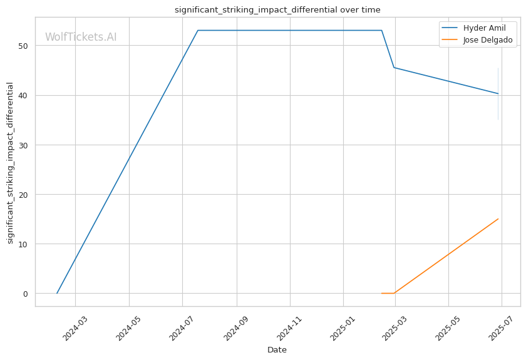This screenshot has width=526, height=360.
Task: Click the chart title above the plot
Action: [277, 10]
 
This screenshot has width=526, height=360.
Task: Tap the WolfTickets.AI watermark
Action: [81, 37]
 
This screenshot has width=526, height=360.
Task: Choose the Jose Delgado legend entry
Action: [477, 40]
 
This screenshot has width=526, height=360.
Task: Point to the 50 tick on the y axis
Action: [23, 46]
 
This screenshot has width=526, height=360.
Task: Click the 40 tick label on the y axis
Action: [23, 96]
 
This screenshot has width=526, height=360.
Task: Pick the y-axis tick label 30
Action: [23, 145]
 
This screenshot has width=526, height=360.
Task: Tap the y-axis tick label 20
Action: [23, 195]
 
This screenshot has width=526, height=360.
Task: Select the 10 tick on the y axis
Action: [23, 244]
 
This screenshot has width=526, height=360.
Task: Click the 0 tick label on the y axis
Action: [26, 294]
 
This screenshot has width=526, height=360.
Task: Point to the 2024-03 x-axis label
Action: [75, 328]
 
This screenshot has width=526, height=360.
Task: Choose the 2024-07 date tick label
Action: [182, 328]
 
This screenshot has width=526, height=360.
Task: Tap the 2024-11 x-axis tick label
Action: [290, 328]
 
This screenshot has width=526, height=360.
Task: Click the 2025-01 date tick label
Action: [343, 328]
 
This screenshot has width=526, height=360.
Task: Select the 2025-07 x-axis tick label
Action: [502, 328]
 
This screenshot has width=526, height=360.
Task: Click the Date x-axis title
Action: [277, 350]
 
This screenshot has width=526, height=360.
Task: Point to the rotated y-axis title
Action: [10, 163]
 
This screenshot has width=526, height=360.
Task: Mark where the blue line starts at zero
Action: [57, 293]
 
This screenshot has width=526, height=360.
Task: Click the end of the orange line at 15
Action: [498, 219]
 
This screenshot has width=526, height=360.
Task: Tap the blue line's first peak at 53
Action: [198, 30]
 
